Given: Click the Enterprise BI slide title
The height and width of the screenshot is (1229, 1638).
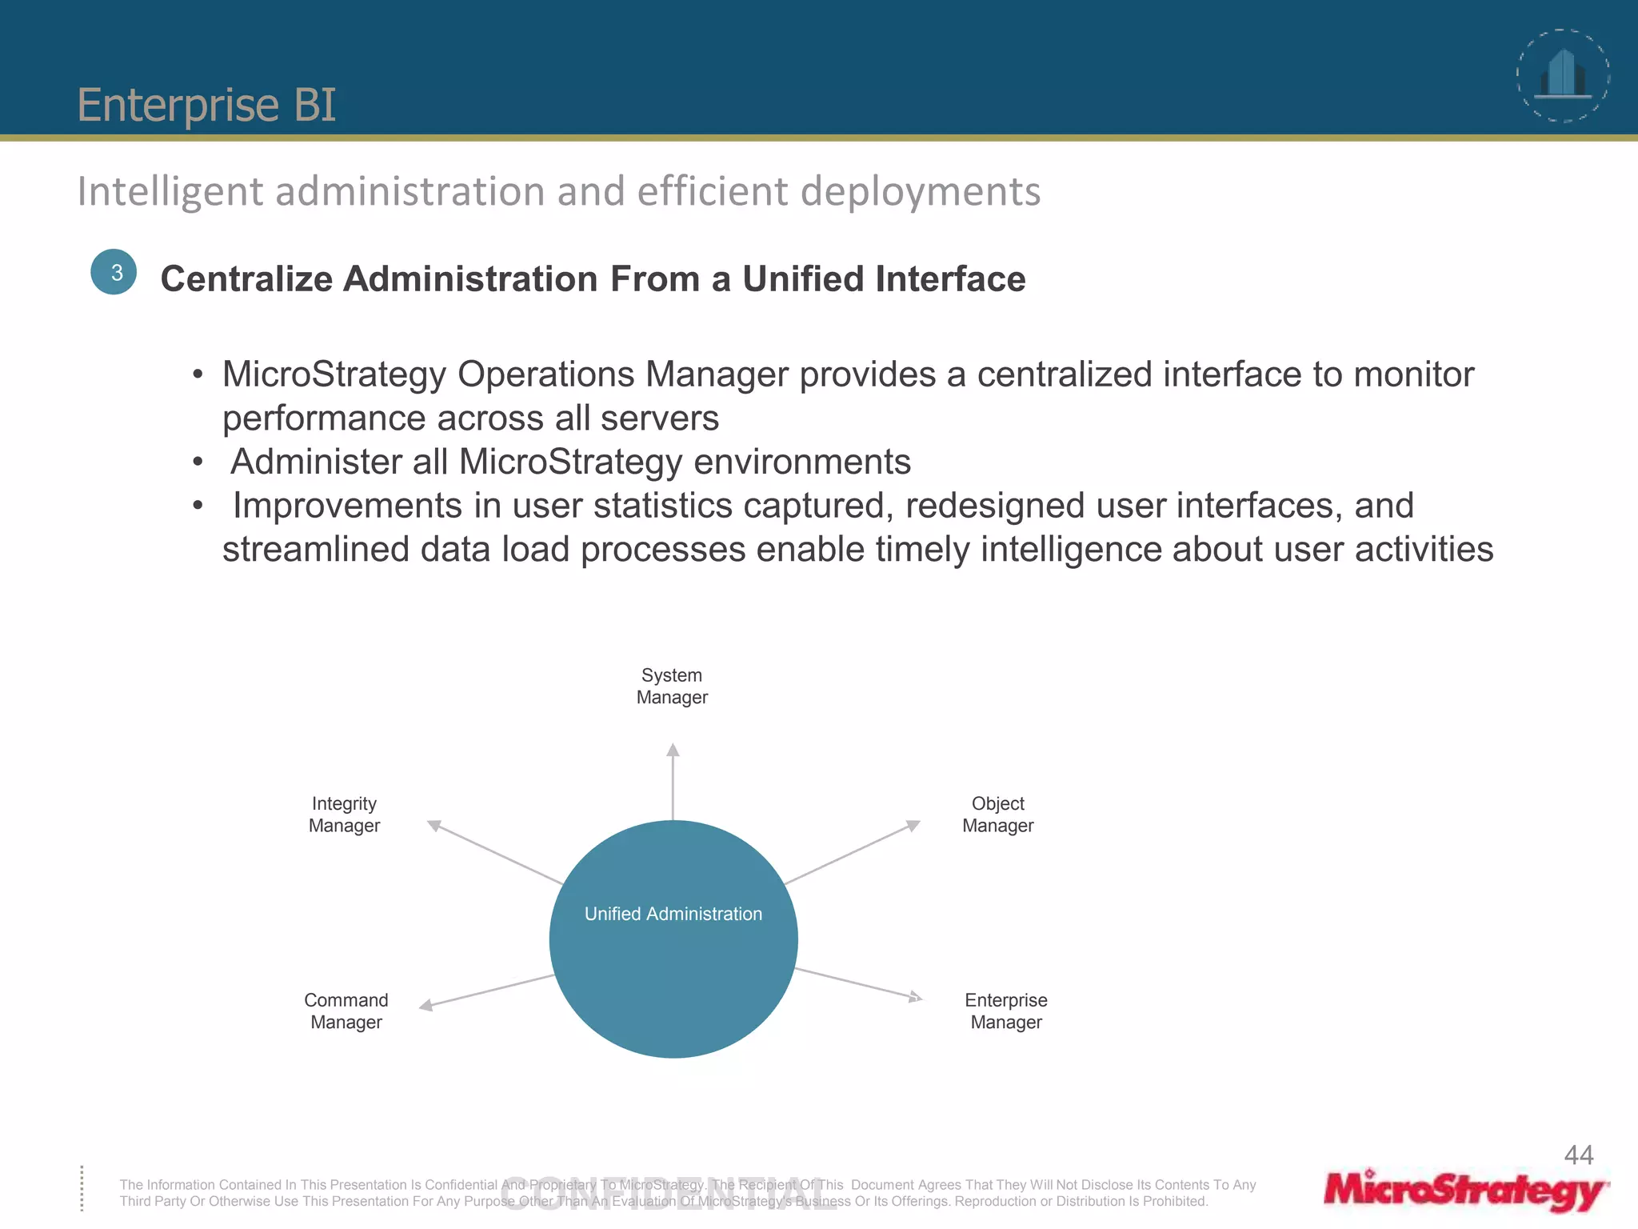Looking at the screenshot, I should [206, 105].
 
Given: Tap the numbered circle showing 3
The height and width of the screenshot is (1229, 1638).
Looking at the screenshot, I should [114, 272].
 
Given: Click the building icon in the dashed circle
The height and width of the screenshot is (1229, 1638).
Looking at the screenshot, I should [1563, 74].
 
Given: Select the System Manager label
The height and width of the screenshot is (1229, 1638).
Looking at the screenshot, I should [672, 687].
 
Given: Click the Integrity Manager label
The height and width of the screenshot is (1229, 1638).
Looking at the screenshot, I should [344, 815].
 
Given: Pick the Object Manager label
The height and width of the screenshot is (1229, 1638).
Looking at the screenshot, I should [997, 815].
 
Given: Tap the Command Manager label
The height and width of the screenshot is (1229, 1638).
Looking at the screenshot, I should [346, 1011].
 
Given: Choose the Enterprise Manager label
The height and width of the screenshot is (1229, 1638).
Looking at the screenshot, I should [1005, 1011].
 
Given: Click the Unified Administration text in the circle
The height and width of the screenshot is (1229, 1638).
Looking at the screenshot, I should [673, 914].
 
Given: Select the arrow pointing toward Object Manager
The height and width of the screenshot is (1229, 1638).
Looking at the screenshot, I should [853, 852].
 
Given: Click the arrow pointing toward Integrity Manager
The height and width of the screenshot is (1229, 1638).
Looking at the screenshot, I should [496, 853].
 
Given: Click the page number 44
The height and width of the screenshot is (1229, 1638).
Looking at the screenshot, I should [1578, 1155].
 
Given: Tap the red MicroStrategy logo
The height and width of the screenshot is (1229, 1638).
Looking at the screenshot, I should [1464, 1191].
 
